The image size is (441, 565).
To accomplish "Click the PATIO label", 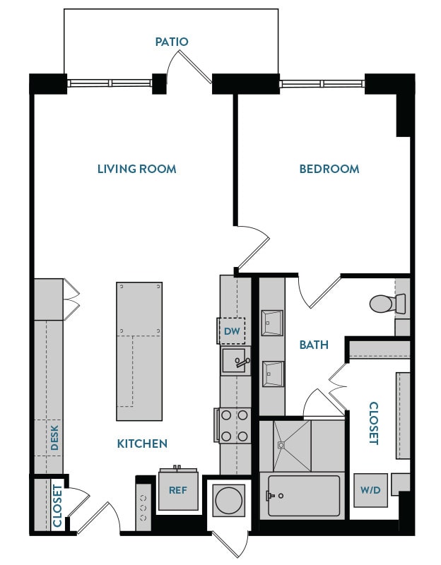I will [x=172, y=42].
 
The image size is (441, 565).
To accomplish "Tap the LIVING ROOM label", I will [x=136, y=169].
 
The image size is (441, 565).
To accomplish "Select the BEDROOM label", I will [x=329, y=169].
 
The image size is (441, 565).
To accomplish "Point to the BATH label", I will [x=314, y=345].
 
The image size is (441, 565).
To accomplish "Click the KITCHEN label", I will [x=142, y=444].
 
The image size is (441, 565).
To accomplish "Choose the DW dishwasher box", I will [x=232, y=331].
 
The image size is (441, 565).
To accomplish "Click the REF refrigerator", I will [x=177, y=489].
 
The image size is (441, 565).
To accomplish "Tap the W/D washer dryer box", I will [x=370, y=490].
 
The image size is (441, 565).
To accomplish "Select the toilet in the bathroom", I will [x=387, y=304].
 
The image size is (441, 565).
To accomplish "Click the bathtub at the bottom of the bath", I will [x=303, y=496].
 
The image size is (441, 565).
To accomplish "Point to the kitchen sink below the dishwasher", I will [x=235, y=361].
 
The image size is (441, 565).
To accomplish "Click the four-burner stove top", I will [x=234, y=426].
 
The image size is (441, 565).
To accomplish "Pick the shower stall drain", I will [x=281, y=446].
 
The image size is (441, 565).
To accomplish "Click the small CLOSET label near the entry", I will [x=57, y=506].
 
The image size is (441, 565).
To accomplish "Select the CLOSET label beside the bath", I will [x=374, y=423].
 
